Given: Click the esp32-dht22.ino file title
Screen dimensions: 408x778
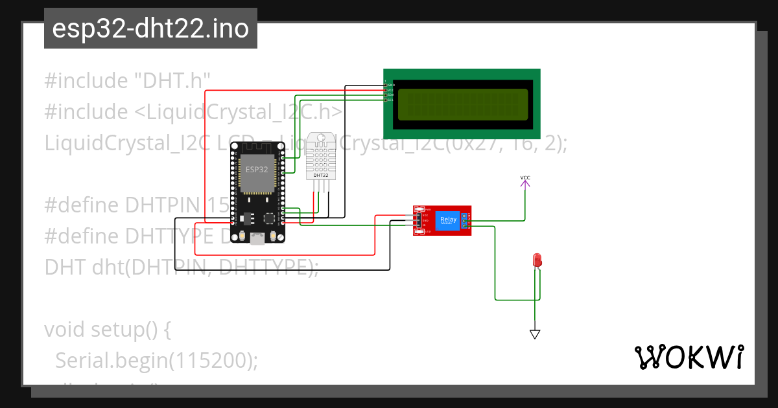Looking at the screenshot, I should point(150,28).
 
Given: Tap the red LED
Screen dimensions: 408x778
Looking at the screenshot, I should point(537,260).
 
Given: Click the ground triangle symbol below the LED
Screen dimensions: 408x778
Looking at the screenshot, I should point(535,334).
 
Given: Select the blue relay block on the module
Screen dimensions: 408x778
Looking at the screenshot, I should point(448,220).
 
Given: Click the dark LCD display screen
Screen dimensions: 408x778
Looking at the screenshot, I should point(463,105).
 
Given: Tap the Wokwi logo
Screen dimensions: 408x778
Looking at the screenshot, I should point(689,357).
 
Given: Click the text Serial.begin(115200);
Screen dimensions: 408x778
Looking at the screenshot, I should point(156,360).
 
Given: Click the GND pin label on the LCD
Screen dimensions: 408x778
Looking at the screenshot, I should point(392,85).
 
